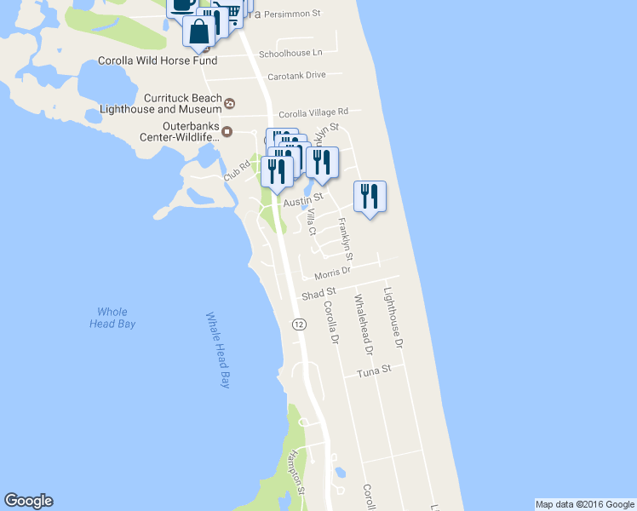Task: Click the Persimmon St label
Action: (x=291, y=14)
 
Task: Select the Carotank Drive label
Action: (x=296, y=75)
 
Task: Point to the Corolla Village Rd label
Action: (x=313, y=112)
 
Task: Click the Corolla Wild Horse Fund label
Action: (x=158, y=60)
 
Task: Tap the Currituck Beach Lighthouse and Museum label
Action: (x=160, y=104)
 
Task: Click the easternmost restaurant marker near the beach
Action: (x=370, y=196)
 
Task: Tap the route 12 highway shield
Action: (x=299, y=324)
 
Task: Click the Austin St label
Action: (x=299, y=202)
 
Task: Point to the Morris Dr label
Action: (x=332, y=273)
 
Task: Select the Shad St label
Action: (x=319, y=293)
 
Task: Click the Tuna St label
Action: (x=374, y=371)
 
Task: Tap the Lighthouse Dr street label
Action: (x=393, y=321)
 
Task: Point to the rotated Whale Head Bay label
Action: (x=219, y=349)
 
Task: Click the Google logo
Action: (x=28, y=501)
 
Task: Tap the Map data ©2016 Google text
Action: (x=585, y=504)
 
